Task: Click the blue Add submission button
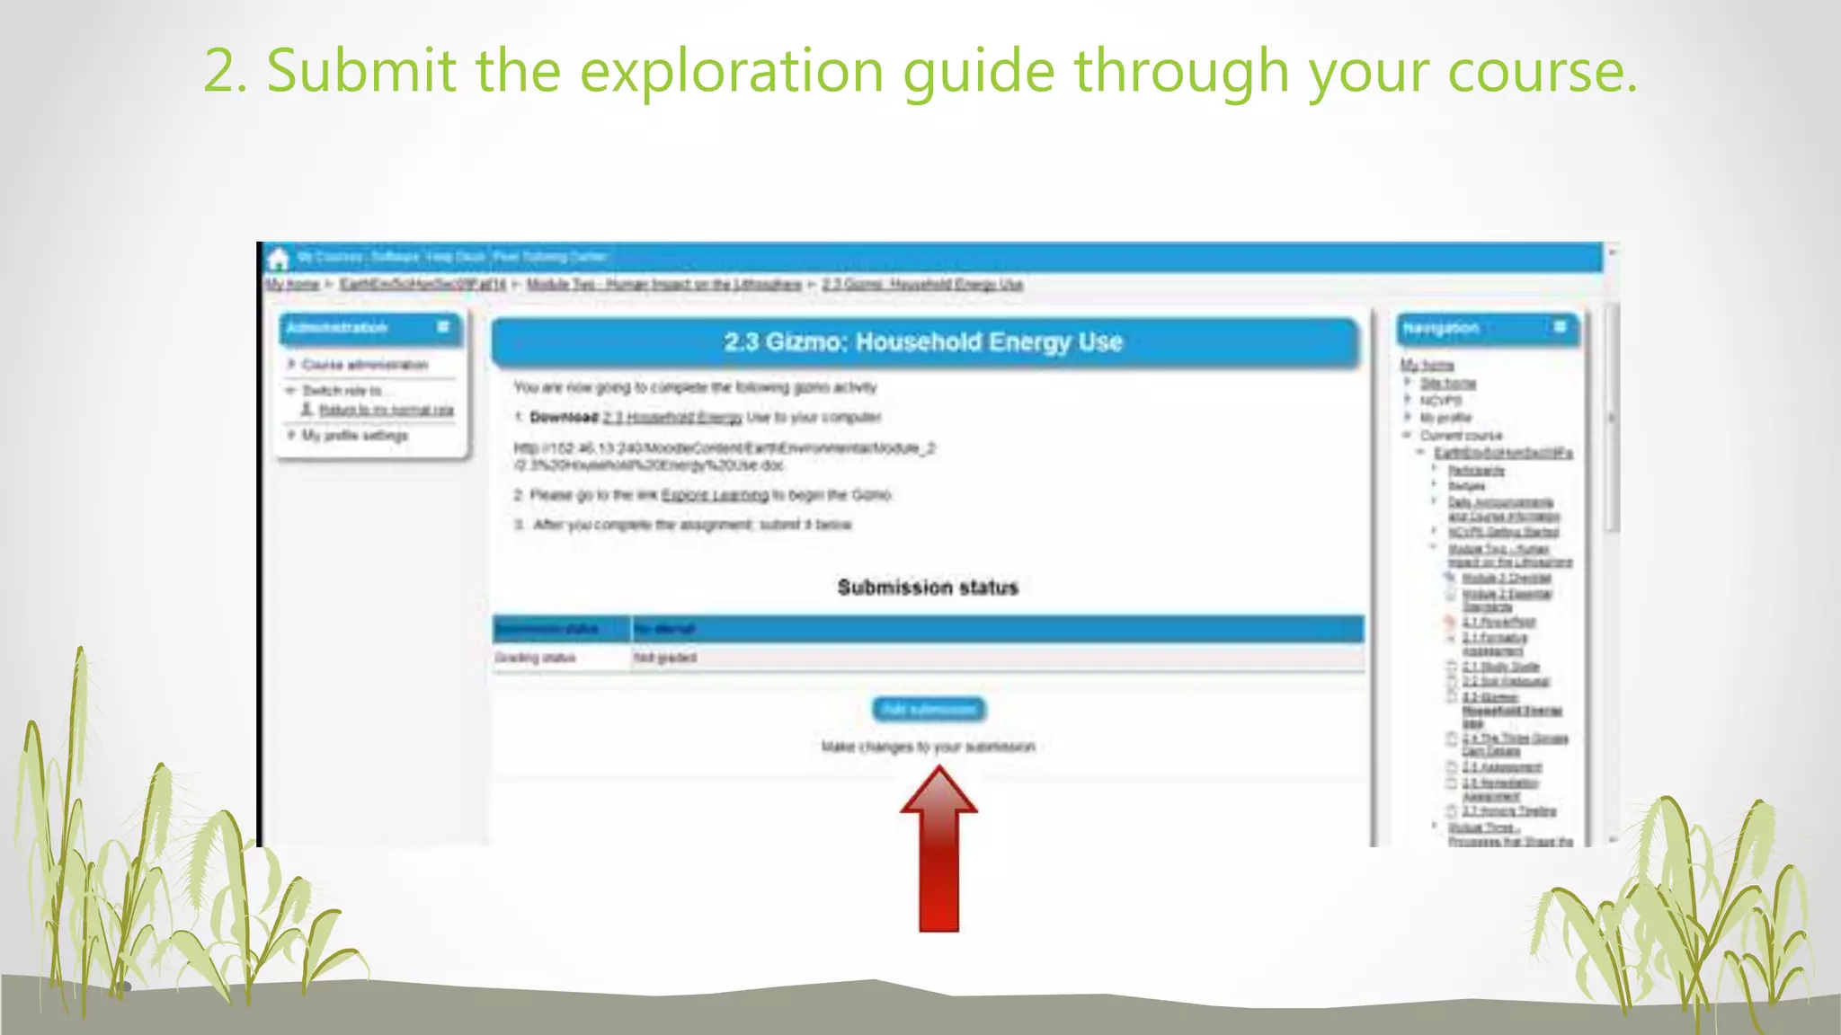929,710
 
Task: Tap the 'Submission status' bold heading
928,588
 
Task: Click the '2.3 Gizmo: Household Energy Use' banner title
923,342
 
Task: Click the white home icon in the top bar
279,260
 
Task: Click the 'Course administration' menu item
364,365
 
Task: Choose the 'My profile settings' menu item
354,435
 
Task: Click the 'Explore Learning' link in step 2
715,495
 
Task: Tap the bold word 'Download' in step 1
564,418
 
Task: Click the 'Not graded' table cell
665,658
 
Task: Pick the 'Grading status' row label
535,658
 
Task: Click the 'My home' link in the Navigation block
1427,365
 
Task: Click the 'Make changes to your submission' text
928,747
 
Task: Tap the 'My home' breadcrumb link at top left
292,285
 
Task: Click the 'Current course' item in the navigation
1461,436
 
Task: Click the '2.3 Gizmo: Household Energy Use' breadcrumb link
922,285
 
